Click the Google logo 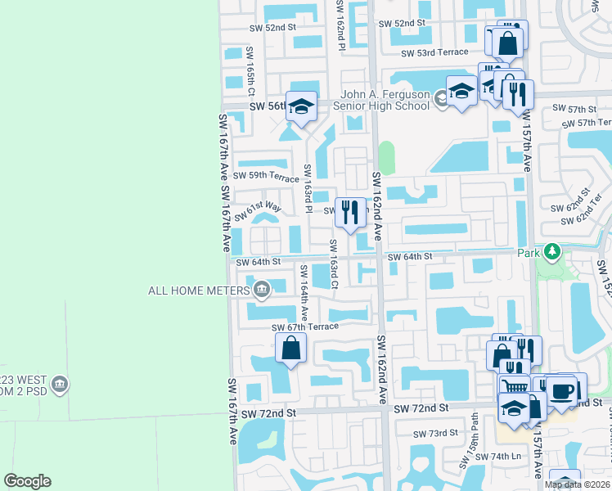pos(27,481)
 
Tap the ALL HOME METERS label pos(200,291)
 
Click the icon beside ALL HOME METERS pos(262,288)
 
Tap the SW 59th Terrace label pos(267,176)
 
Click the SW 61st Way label pos(259,212)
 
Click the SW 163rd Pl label pos(308,188)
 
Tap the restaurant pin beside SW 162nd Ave pos(350,212)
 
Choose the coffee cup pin pos(563,390)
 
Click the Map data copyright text pos(578,484)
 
